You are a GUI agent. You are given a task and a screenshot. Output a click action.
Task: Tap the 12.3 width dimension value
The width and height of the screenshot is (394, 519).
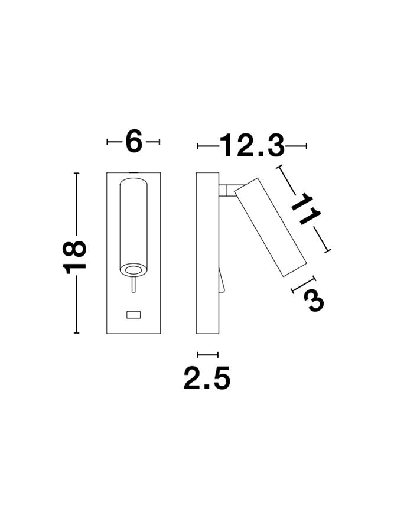[x=252, y=146]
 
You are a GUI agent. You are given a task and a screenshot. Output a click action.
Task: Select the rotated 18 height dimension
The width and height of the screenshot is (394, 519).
[x=76, y=256]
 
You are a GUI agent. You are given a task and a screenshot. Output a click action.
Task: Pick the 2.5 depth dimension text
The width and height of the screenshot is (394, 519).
[x=206, y=378]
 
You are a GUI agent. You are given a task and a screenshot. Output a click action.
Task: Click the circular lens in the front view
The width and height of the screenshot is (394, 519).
[x=133, y=270]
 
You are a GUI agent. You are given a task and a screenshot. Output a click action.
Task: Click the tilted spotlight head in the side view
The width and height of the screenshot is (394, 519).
[x=270, y=226]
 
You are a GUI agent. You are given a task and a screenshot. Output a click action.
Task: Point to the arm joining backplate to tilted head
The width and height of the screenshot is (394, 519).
[x=226, y=190]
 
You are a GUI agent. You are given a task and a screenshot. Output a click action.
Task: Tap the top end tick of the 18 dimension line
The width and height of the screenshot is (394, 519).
[x=76, y=173]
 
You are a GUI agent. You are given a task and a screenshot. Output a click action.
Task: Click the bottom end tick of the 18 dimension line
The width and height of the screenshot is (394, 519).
[x=76, y=333]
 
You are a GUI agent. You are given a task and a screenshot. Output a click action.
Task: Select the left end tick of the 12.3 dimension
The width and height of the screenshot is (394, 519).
[x=197, y=146]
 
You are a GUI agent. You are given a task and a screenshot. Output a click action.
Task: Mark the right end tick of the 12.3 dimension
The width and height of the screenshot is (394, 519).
[x=306, y=146]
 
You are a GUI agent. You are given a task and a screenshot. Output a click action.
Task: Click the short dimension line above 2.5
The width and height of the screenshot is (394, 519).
[x=207, y=355]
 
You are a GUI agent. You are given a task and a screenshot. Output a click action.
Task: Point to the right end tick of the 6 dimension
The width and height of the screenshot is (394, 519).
[x=159, y=142]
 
